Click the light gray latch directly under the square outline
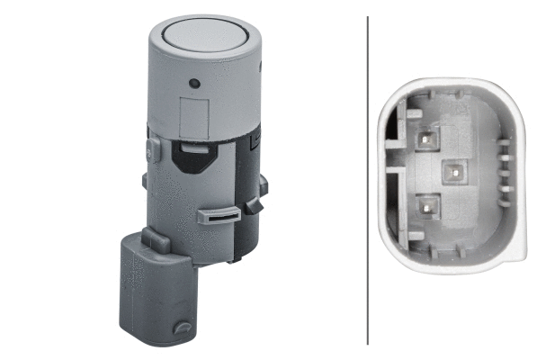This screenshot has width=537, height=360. pyautogui.click(x=192, y=145)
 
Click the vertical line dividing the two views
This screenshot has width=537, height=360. pyautogui.click(x=368, y=180)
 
